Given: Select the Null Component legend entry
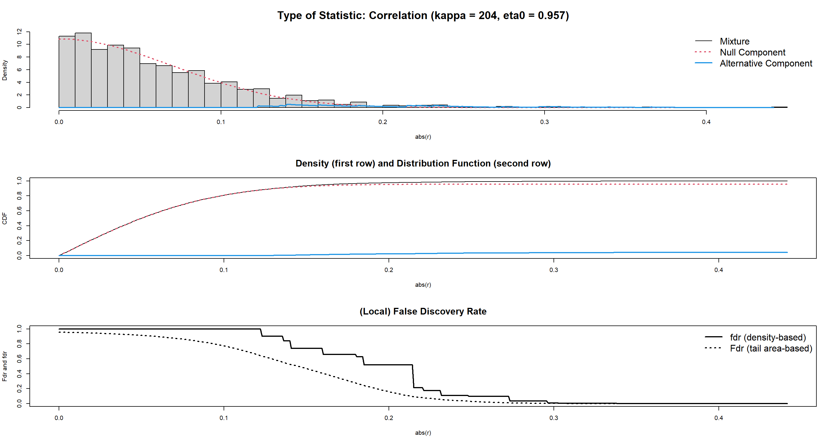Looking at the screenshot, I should tap(752, 52).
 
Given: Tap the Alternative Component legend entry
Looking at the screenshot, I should tap(766, 63).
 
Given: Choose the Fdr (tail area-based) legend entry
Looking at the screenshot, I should tap(771, 348).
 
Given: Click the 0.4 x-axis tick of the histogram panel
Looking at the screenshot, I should tap(706, 122).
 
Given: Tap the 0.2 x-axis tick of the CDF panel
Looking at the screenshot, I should tap(389, 270).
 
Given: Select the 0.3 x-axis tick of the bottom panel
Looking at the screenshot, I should tap(554, 418).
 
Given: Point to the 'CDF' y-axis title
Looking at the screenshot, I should tap(5, 218).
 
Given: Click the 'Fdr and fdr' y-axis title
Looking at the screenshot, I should tap(5, 366).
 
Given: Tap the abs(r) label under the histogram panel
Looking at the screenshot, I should tap(423, 137).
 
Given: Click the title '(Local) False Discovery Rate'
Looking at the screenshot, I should tap(423, 311).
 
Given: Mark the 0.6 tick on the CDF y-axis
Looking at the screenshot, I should tap(19, 211).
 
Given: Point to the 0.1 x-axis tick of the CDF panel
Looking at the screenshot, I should tap(224, 270).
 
